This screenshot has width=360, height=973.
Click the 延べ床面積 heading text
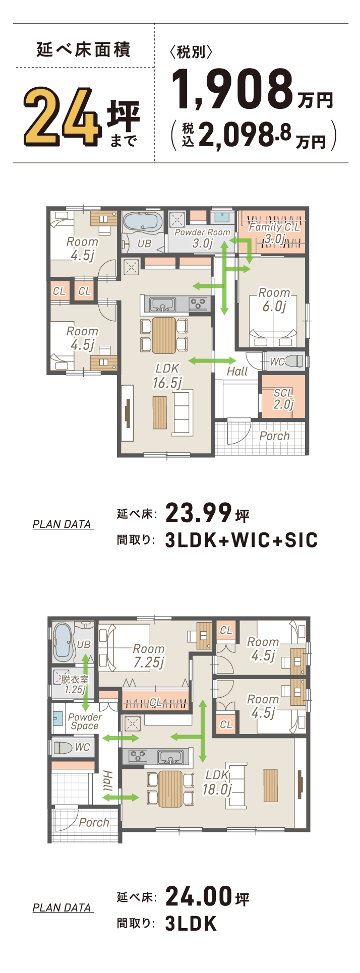(x=84, y=50)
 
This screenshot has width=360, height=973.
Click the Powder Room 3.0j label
(x=202, y=237)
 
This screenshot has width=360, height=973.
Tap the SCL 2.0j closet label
(x=283, y=398)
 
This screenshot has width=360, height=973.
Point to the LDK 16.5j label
(x=167, y=376)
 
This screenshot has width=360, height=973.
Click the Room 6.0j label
(x=274, y=299)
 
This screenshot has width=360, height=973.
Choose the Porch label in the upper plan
(x=274, y=436)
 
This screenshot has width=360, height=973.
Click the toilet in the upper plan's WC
(x=295, y=361)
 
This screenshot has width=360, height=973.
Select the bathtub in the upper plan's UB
(x=143, y=222)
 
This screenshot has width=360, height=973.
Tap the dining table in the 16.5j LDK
(x=164, y=335)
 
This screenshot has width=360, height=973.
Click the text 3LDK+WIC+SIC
(x=242, y=540)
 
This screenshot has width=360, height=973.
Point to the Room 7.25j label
(x=149, y=655)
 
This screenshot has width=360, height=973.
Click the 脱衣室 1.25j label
(x=75, y=684)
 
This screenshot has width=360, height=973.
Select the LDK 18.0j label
(x=217, y=782)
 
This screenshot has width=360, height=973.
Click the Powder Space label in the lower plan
(x=85, y=721)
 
